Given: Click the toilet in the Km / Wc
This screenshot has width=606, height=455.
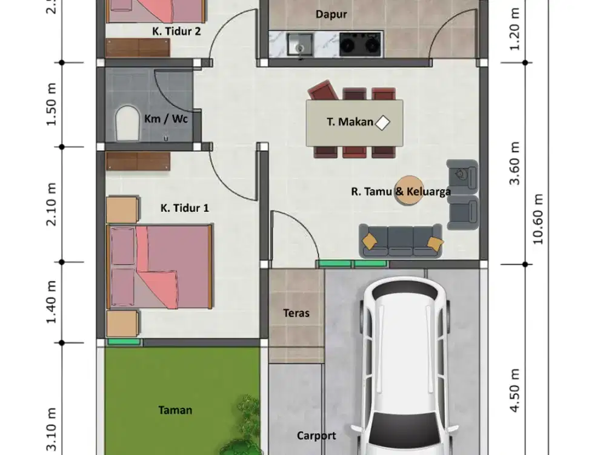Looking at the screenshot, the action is pyautogui.click(x=127, y=123).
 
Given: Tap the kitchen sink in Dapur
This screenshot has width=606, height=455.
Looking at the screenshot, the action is pyautogui.click(x=300, y=44).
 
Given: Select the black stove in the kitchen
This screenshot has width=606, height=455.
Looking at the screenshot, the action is pyautogui.click(x=360, y=44).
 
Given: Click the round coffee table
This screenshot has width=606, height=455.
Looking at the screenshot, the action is pyautogui.click(x=408, y=190).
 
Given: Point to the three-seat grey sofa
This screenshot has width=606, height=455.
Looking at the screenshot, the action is pyautogui.click(x=401, y=240).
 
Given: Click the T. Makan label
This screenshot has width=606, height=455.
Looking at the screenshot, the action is pyautogui.click(x=350, y=122).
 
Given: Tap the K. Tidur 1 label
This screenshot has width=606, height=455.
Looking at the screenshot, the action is pyautogui.click(x=185, y=208).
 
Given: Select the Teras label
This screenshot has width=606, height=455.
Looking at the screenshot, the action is pyautogui.click(x=296, y=313).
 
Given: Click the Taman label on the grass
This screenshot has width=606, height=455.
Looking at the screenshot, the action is pyautogui.click(x=175, y=410).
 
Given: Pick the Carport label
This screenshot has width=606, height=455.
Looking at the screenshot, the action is pyautogui.click(x=316, y=436).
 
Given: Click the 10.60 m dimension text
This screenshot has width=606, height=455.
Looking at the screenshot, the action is pyautogui.click(x=538, y=219).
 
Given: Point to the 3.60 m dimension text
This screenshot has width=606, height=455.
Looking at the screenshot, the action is pyautogui.click(x=514, y=163).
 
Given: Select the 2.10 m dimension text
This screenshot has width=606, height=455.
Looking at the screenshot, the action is pyautogui.click(x=51, y=204).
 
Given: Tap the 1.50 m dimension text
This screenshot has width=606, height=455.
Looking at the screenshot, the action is pyautogui.click(x=51, y=104).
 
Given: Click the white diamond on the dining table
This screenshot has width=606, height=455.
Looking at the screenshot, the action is pyautogui.click(x=382, y=123).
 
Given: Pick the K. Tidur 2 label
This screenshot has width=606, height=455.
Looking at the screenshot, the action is pyautogui.click(x=176, y=32).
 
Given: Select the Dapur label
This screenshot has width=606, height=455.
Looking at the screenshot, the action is pyautogui.click(x=331, y=15).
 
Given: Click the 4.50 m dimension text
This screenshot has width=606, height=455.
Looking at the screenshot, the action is pyautogui.click(x=514, y=391).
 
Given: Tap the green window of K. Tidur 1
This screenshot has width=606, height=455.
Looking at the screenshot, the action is pyautogui.click(x=124, y=342).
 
